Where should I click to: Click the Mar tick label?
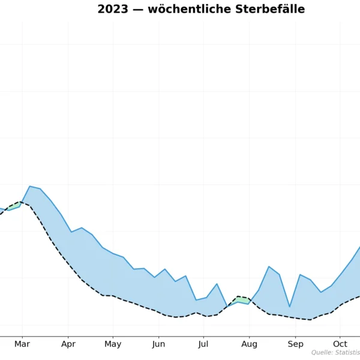(22, 344)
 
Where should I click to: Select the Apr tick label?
(68, 344)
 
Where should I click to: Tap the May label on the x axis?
(113, 344)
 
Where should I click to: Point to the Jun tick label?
(158, 344)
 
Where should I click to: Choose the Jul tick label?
(203, 344)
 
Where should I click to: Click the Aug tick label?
(249, 344)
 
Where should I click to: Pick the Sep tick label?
(295, 344)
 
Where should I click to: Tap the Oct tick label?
(340, 344)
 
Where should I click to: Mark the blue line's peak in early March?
(29, 186)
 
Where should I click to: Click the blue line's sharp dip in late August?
(290, 307)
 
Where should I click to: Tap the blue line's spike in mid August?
(269, 266)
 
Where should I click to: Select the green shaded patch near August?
(241, 300)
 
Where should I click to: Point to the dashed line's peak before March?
(19, 202)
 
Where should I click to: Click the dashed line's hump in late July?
(238, 296)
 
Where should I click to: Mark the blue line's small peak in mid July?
(217, 284)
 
